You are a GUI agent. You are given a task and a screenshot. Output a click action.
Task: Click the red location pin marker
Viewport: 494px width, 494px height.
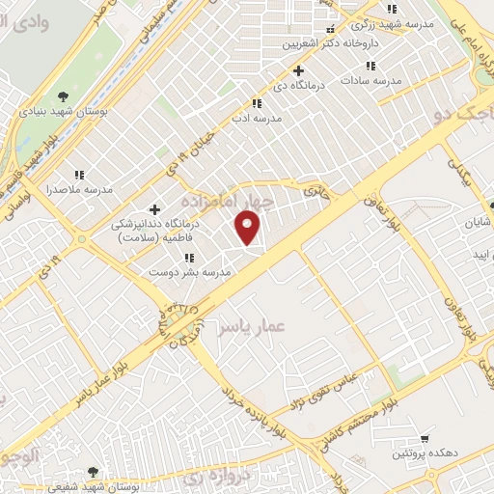[249, 228]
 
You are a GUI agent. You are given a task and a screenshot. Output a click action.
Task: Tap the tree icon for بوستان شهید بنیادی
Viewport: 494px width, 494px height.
[63, 96]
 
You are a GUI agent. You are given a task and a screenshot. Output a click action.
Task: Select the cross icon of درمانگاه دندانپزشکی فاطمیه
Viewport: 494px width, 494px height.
[154, 209]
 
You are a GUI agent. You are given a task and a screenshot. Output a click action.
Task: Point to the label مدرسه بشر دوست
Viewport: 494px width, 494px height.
[190, 273]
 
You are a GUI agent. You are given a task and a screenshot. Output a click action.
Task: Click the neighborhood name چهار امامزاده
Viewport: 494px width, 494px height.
[227, 200]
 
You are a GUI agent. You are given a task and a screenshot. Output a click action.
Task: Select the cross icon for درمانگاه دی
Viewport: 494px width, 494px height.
[298, 70]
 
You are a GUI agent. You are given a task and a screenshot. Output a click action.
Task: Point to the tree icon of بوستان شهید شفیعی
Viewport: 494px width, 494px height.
[93, 472]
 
